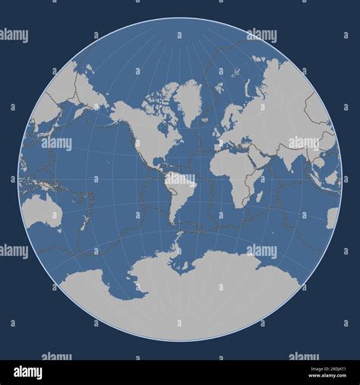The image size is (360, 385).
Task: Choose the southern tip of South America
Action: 174,224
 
